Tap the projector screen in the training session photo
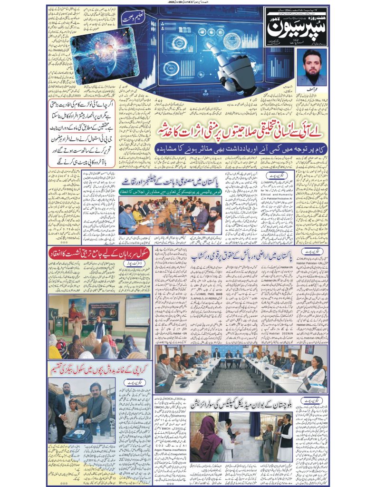click(137, 310)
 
